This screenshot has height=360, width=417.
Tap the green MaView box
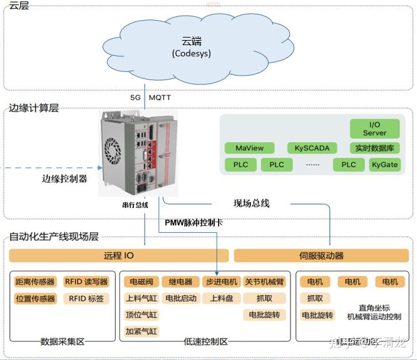[x=249, y=148]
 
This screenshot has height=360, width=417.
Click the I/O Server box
[x=374, y=129]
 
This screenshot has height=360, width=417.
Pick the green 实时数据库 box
[x=374, y=148]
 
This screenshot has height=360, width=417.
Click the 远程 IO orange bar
[x=118, y=255]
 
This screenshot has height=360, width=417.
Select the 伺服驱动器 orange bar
[x=321, y=255]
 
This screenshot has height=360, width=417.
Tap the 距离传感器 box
[x=35, y=282]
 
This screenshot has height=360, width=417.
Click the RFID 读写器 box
[x=86, y=282]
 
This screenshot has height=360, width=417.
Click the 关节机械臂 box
[x=264, y=282]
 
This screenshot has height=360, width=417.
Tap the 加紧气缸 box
[x=141, y=331]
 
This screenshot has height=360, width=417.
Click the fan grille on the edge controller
[x=112, y=150]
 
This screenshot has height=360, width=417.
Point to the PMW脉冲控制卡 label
[x=193, y=222]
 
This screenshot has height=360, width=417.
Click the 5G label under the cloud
[x=135, y=98]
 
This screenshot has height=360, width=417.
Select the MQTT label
[x=160, y=98]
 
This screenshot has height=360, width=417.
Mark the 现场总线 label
[x=251, y=203]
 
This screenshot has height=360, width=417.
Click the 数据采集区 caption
[x=62, y=342]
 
